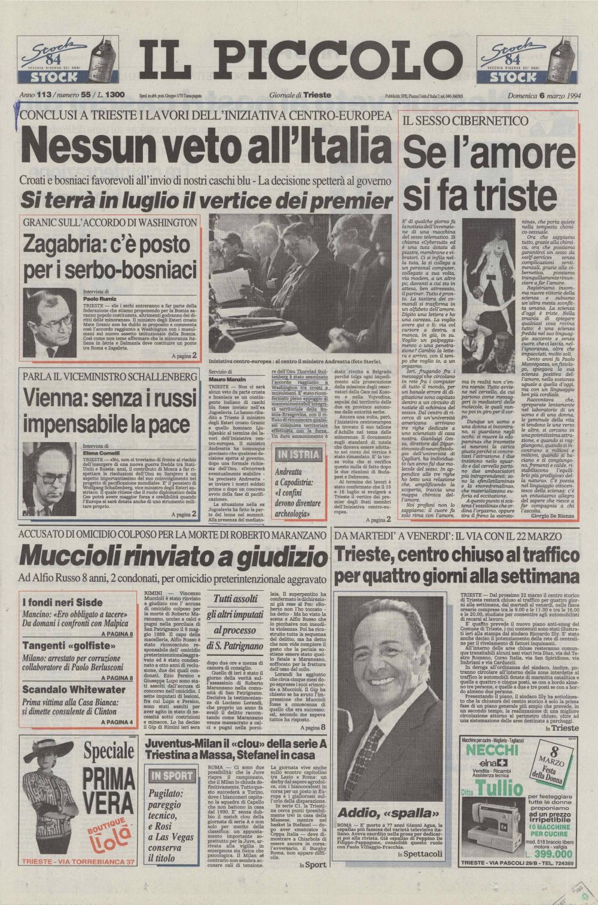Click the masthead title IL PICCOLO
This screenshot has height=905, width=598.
coord(299,61)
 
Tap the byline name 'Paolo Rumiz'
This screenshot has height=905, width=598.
coord(99,298)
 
